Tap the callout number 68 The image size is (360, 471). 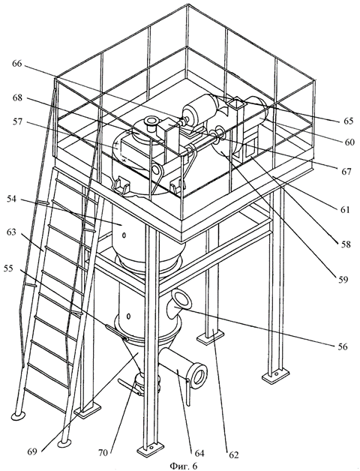(x=18, y=98)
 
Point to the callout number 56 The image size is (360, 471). (x=342, y=346)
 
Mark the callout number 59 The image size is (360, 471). (x=342, y=279)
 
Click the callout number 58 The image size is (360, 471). (x=345, y=244)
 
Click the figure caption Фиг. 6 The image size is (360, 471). (x=184, y=466)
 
